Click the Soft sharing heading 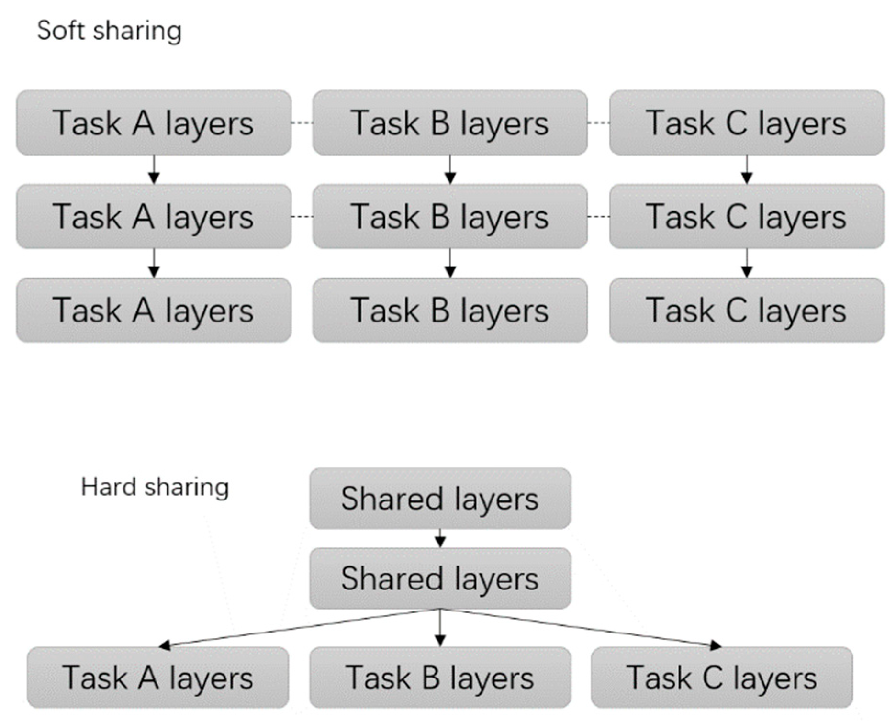109,31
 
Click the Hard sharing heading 155,488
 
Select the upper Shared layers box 440,499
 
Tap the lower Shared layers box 440,578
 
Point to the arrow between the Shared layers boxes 440,538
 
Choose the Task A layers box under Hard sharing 158,678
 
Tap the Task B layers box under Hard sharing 440,678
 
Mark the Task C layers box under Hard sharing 722,678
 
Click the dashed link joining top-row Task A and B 302,123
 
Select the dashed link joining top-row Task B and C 598,123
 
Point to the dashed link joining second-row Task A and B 302,217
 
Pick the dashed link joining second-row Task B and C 598,217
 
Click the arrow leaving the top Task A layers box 154,169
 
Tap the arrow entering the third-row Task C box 747,263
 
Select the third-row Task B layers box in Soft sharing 450,310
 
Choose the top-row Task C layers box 747,123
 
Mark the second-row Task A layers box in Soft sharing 154,217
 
